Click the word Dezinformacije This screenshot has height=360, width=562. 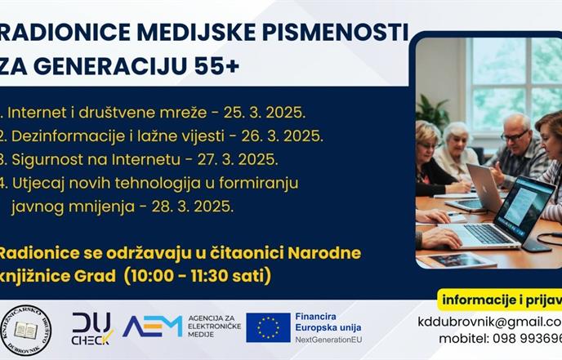[65, 135]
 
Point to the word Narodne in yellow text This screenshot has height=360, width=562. [321, 252]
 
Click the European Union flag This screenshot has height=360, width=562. [268, 327]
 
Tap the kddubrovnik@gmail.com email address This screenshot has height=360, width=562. [489, 321]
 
